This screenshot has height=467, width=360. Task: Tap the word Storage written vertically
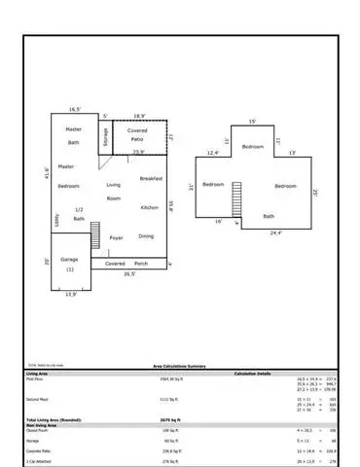tap(105, 138)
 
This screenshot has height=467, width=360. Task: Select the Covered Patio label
tap(138, 133)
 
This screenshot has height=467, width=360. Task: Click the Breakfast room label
tap(150, 179)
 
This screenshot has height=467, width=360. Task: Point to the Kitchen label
tap(149, 207)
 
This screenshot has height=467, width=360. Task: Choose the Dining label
tap(146, 236)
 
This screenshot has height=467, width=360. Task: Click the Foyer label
tap(117, 236)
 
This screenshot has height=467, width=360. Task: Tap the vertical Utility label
tap(56, 221)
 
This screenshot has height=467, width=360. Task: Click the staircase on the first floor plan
tap(95, 234)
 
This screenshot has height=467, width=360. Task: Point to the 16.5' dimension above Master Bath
tap(75, 110)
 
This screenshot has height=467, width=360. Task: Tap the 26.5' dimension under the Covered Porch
tap(128, 274)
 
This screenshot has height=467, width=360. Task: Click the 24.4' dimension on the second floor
tap(275, 233)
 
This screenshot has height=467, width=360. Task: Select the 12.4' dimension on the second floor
tap(213, 152)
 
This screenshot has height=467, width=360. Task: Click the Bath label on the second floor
tap(269, 216)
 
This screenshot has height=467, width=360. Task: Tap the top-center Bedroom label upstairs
tap(253, 146)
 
